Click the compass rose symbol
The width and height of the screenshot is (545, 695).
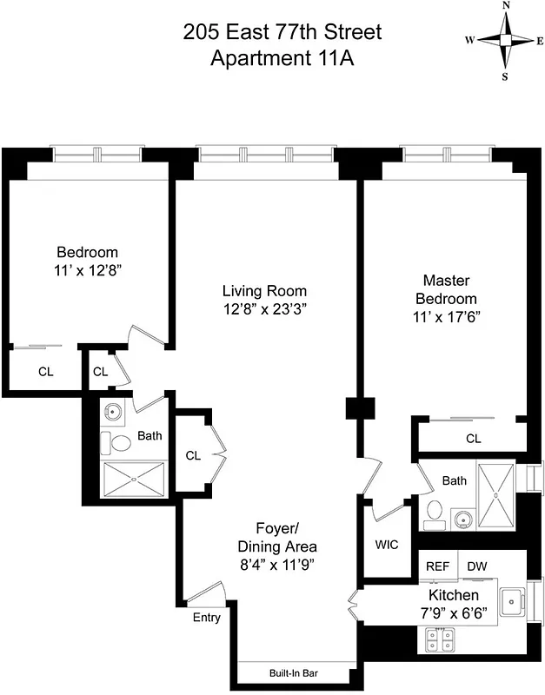point(505,40)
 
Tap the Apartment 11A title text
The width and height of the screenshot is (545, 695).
point(282,59)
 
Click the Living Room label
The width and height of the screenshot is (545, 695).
point(264,291)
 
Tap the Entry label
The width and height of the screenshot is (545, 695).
point(206,618)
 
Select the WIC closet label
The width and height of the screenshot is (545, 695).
point(386,546)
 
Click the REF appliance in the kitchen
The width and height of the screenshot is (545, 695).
point(437,566)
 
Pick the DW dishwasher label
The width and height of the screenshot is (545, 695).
point(476,566)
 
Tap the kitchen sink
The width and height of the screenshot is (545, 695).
point(514,599)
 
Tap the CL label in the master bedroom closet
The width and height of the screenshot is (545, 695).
point(473,439)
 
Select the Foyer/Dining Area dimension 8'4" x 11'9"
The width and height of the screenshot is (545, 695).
point(277,565)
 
